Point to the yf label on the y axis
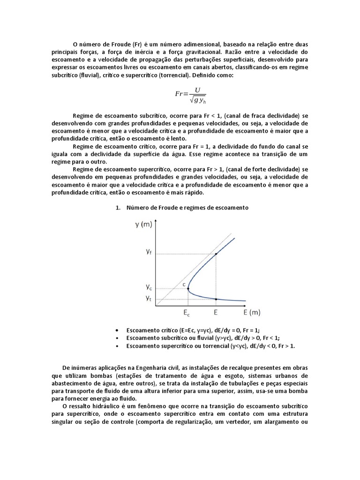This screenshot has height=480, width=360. (148, 252)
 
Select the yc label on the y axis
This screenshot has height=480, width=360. (148, 286)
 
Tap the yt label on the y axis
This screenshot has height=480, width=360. (148, 298)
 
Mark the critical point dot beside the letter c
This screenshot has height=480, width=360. (188, 289)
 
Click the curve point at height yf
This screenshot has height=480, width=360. (216, 255)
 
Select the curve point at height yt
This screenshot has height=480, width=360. (216, 299)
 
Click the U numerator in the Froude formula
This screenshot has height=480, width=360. (191, 90)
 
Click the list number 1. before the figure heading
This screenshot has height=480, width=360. (118, 207)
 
